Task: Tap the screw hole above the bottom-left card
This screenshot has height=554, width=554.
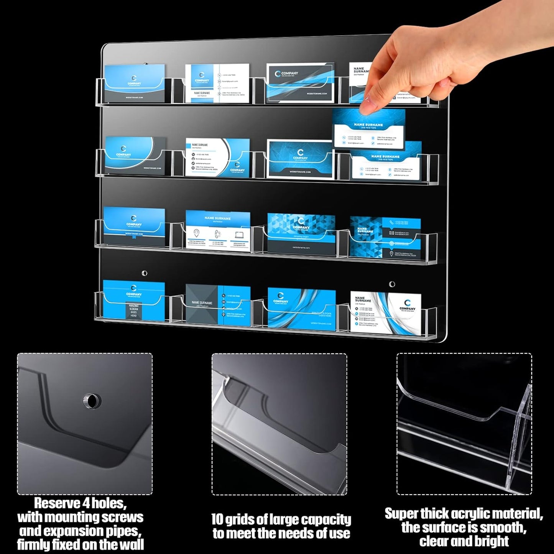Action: click(144, 273)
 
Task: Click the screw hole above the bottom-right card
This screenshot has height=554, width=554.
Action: click(392, 284)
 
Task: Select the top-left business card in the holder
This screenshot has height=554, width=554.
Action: click(135, 82)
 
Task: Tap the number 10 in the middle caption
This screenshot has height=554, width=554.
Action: click(217, 519)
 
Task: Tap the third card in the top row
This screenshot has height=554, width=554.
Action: click(301, 82)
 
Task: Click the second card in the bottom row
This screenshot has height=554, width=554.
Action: click(218, 305)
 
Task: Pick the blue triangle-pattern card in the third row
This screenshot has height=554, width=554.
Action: click(301, 234)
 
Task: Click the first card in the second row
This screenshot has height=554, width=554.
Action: click(135, 155)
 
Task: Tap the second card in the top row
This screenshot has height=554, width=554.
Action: click(217, 83)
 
